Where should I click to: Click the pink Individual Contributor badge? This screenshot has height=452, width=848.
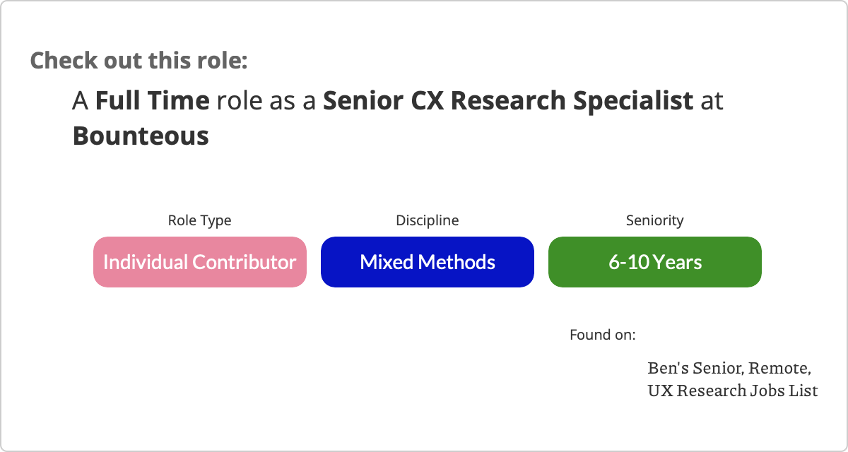tap(200, 262)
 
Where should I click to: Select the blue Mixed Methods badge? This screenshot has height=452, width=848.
tap(428, 262)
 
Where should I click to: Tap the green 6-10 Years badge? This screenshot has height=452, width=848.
tap(655, 262)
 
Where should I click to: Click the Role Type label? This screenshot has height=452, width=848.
tap(199, 220)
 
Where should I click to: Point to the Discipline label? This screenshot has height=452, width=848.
tap(428, 220)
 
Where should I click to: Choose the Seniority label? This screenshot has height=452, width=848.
tap(655, 220)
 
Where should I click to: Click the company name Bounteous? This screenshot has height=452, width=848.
tap(141, 136)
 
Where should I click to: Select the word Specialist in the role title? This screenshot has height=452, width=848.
tap(633, 101)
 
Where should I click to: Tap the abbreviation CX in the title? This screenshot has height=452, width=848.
tap(427, 100)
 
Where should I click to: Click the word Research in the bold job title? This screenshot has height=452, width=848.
tap(508, 100)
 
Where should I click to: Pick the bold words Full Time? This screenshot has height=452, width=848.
tap(152, 100)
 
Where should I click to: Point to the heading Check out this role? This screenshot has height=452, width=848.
tap(139, 60)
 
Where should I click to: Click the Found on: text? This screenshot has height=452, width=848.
tap(603, 335)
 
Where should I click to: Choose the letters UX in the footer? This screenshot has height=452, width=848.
tap(661, 391)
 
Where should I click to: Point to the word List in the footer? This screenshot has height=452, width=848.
tap(803, 391)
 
